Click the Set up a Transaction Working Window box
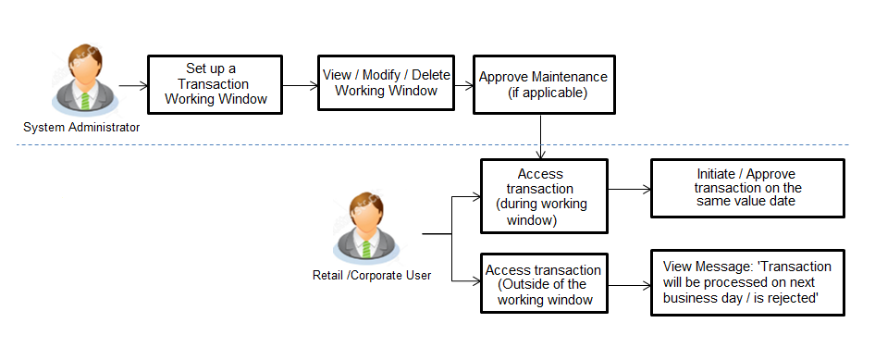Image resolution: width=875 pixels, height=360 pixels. pos(215,84)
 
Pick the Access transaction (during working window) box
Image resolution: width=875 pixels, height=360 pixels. pos(544,196)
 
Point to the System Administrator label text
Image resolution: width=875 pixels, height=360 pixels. pos(81,127)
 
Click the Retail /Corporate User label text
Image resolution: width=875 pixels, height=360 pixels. pos(371,275)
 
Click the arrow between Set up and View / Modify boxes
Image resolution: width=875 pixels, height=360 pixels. pos(299,85)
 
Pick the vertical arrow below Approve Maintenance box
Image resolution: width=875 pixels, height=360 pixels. pos(540,135)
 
